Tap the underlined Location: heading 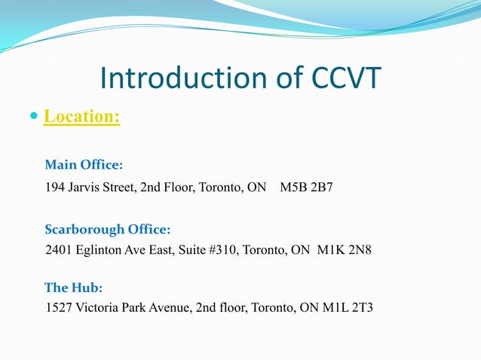[82, 117]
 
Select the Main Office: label [84, 165]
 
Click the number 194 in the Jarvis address [55, 187]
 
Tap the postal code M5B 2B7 [306, 187]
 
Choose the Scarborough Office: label [107, 229]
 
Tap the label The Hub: [74, 288]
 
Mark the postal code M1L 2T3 [348, 308]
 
